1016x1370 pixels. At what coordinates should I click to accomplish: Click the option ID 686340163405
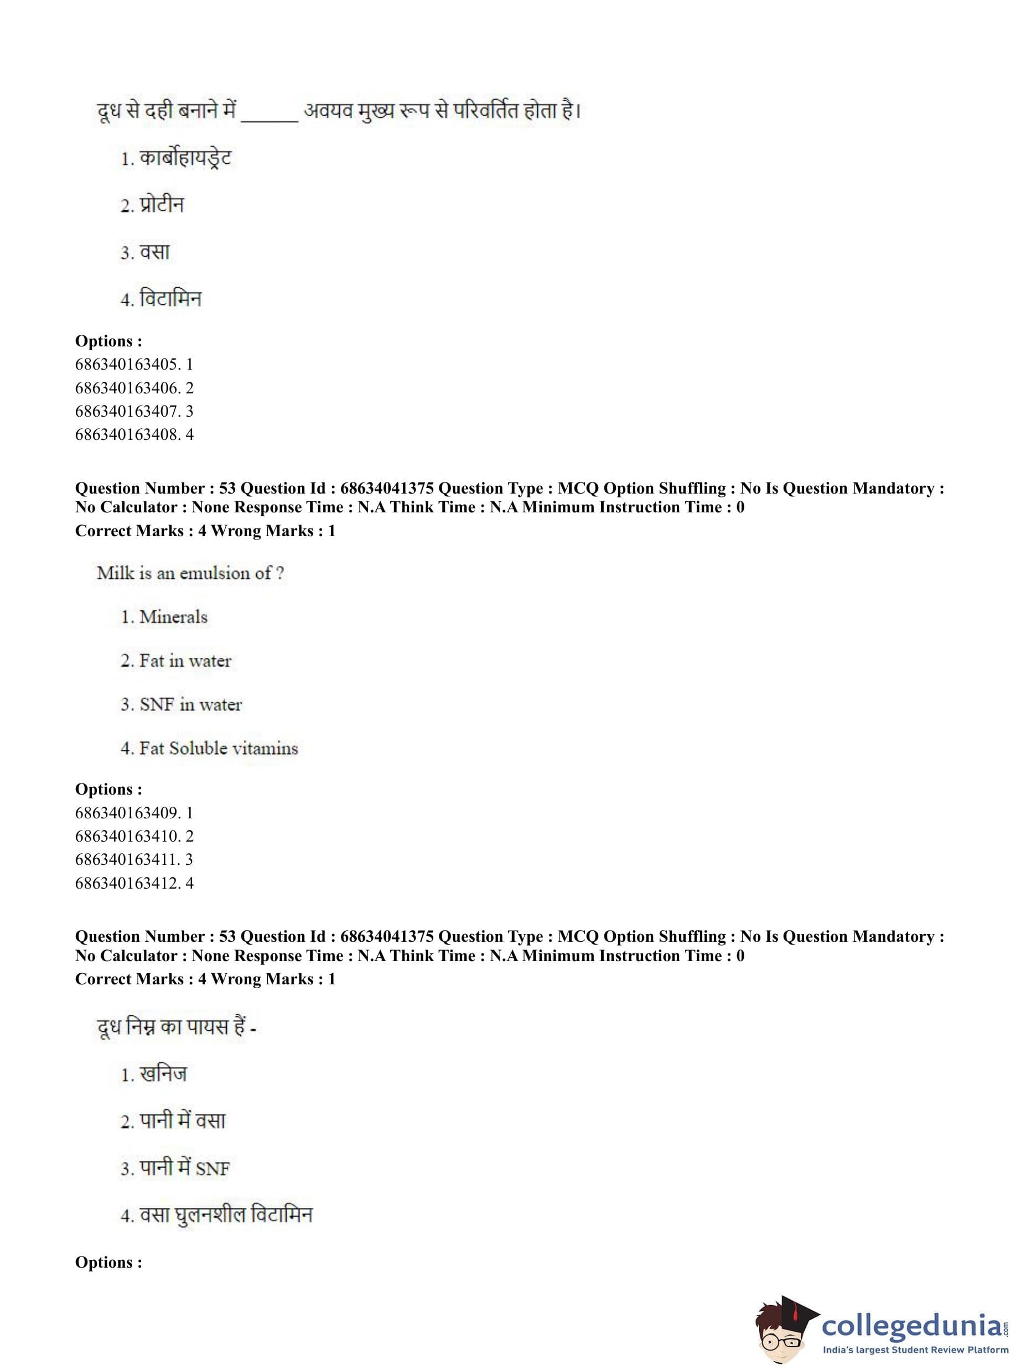coord(133,365)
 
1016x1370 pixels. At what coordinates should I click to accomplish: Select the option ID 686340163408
coord(133,435)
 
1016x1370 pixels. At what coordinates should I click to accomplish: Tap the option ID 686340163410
coord(133,836)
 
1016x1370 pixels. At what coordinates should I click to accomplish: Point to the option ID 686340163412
coord(133,883)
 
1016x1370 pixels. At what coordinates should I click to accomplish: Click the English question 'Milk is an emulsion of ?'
coord(190,573)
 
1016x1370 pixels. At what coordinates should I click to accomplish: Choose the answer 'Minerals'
coord(173,617)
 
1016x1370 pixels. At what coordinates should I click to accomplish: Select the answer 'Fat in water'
coord(185,661)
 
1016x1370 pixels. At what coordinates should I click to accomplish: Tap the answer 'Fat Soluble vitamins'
coord(219,748)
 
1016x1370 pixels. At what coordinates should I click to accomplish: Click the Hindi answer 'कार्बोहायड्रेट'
coord(185,159)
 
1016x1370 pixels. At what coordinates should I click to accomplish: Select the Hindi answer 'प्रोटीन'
coord(162,205)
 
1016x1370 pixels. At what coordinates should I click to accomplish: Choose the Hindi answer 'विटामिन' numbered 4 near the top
coord(170,299)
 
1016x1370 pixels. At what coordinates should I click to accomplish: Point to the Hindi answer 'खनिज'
coord(163,1074)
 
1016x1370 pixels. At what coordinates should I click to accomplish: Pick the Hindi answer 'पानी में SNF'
coord(184,1167)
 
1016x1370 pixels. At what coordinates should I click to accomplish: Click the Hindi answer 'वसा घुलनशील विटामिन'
coord(226,1215)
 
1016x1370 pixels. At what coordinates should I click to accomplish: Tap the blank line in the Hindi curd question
coord(269,117)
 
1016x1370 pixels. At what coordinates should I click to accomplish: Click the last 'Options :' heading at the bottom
coord(108,1263)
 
